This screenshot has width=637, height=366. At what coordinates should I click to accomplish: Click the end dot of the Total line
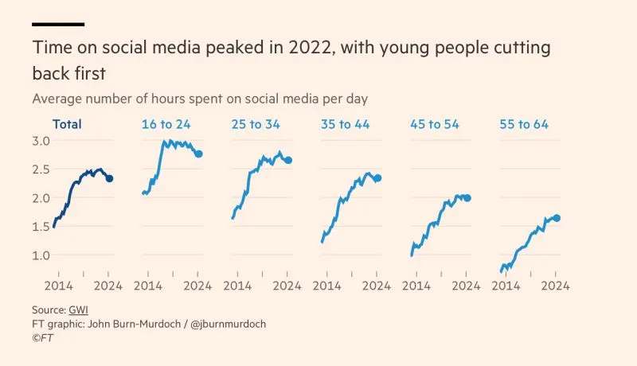pos(109,179)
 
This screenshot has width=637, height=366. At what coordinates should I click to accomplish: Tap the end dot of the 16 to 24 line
pos(199,154)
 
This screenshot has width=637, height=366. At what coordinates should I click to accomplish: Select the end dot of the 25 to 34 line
pos(288,160)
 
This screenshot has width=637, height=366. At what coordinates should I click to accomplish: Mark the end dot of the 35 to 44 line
pos(377,178)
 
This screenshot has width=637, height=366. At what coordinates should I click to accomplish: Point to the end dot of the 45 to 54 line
pos(467,197)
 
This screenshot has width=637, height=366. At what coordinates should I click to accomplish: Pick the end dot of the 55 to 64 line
pos(557,218)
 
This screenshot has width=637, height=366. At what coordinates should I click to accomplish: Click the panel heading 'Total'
pos(67,124)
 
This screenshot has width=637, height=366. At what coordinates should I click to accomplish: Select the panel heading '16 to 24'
pos(166,124)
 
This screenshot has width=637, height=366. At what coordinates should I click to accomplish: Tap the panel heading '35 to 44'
pos(345,124)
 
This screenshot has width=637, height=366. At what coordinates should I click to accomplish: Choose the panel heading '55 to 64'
pos(523,124)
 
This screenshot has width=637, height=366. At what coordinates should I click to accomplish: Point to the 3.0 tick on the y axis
pos(41,141)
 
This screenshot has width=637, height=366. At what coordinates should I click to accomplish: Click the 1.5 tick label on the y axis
pos(41,227)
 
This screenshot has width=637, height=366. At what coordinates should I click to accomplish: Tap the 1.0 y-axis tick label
pos(41,255)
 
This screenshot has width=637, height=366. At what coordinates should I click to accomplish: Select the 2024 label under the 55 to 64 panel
pos(555,286)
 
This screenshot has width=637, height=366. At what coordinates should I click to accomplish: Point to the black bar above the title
pos(57,25)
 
